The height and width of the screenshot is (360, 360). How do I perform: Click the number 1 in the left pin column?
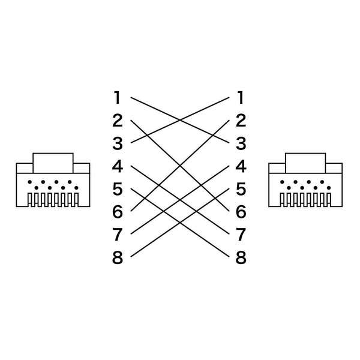pos(118,98)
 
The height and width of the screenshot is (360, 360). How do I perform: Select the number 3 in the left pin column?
pos(118,143)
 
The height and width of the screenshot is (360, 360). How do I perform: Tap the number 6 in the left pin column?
pos(118,212)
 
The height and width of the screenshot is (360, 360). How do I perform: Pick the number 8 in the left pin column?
pos(118,257)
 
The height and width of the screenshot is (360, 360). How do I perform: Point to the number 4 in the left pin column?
pos(118,166)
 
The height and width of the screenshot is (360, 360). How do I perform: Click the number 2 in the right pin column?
pos(241,121)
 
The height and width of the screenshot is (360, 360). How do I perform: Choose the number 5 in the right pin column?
pos(241,189)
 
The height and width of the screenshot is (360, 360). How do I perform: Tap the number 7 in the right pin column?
pos(241,235)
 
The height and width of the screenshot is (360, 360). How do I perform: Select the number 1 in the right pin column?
pos(241,98)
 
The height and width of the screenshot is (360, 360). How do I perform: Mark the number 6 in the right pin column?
pos(241,212)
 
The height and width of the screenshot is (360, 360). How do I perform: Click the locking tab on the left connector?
pos(53,163)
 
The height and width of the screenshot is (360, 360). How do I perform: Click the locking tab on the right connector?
pos(305,163)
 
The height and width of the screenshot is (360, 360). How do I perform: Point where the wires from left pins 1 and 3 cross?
pos(180,120)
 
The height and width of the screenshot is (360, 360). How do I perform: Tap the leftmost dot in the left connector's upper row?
pos(29,182)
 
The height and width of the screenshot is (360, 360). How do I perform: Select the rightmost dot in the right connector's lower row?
pos(329,188)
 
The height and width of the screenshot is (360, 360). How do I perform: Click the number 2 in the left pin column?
pos(118,121)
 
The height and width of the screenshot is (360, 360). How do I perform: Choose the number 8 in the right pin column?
pos(241,257)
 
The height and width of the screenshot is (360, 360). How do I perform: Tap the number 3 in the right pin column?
pos(241,143)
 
